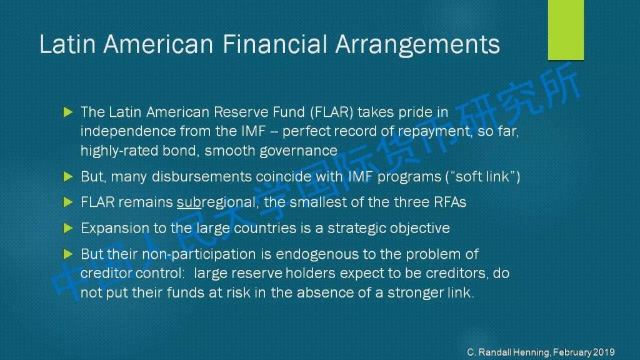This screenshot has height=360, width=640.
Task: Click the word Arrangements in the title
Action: tap(417, 45)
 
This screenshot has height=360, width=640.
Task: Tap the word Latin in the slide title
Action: tap(67, 44)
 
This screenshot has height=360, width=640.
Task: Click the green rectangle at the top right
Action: tap(566, 30)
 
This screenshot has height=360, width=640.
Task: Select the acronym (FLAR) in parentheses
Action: tap(331, 112)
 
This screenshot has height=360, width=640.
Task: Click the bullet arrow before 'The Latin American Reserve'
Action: tap(68, 112)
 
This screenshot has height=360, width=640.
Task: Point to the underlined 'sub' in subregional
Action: tap(189, 202)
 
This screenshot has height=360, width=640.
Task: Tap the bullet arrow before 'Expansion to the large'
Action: tap(68, 228)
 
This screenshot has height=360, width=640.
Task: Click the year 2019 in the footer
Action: tap(604, 352)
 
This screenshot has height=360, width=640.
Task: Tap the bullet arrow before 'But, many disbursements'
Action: tap(68, 176)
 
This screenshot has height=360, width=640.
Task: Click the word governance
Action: tap(299, 151)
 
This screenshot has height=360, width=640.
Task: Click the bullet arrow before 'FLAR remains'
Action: tap(68, 202)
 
